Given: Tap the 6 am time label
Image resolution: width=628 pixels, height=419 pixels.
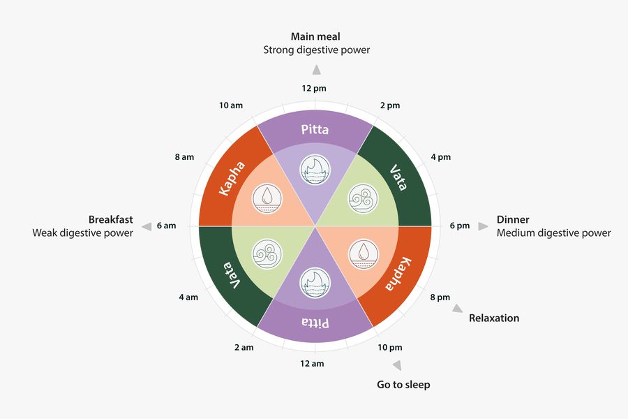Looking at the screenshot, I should tap(167, 226).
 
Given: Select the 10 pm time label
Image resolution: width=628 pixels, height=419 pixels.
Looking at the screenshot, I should tap(390, 347).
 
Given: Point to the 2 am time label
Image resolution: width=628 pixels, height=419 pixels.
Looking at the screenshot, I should tap(243, 347).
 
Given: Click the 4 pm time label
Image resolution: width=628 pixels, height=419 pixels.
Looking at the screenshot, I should tap(440, 157).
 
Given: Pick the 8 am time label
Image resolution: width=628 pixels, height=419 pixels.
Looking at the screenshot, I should tap(184, 157).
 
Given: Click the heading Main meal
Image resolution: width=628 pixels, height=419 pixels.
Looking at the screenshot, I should tap(316, 36).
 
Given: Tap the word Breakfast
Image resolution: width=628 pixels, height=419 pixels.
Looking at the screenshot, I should tap(110, 219).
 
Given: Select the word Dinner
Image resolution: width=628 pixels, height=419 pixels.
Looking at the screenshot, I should tap(513, 219).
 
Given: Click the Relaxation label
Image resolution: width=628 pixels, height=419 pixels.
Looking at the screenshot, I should tap(494, 318).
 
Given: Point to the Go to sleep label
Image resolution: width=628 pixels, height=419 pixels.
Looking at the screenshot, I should tap(403, 384).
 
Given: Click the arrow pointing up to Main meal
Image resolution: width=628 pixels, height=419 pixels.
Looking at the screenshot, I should tap(316, 69).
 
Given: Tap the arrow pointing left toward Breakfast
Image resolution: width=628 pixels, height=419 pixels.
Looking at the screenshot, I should tap(147, 226).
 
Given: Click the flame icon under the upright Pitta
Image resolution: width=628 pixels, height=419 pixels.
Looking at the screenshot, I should tap(314, 168).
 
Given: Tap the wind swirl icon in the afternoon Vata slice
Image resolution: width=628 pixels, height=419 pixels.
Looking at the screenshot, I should tap(364, 197).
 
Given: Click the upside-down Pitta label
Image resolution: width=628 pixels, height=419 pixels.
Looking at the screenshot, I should tap(315, 323).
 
